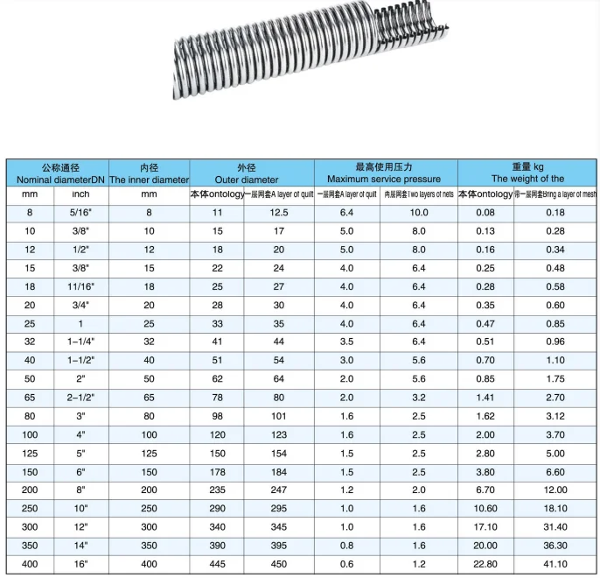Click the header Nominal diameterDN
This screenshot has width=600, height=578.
point(54,179)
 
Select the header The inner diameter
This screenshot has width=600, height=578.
point(149,179)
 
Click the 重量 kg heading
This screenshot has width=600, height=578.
point(527,166)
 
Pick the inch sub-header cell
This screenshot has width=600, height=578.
point(80,194)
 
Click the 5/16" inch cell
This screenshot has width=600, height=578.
point(80,213)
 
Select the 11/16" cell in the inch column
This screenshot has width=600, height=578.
point(80,286)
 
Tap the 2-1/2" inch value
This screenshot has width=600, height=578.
point(80,397)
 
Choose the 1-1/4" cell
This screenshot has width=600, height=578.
point(80,342)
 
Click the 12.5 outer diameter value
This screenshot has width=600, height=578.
point(279,213)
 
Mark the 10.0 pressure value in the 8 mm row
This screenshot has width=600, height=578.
point(419,213)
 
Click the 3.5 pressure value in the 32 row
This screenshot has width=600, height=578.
point(346,342)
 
